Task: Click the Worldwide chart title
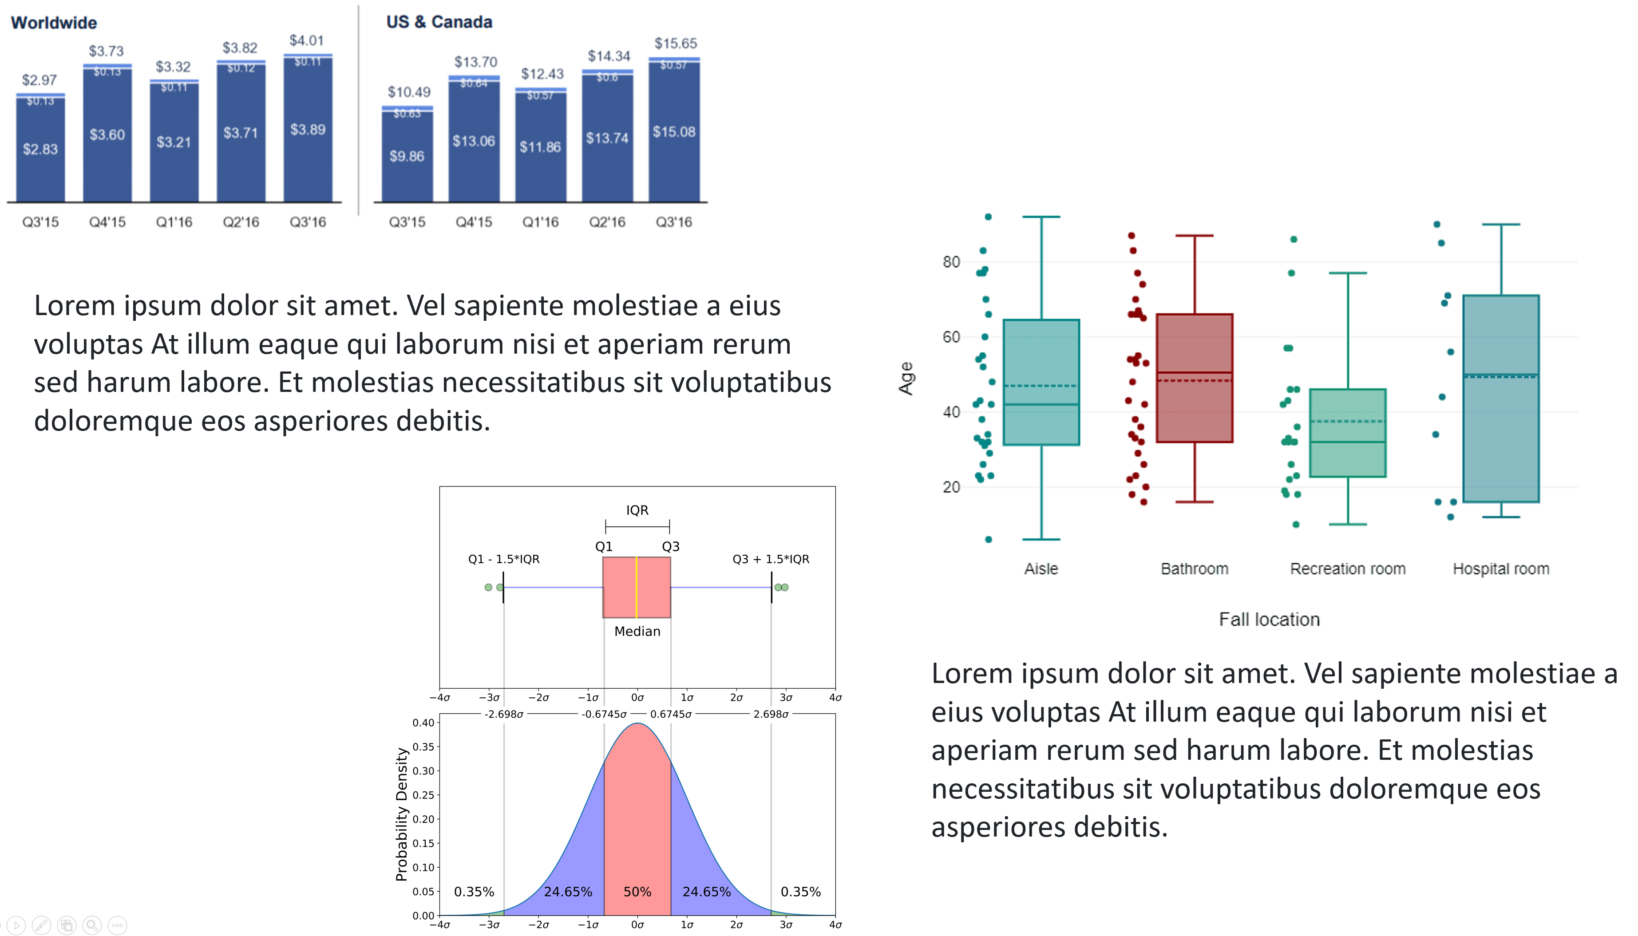pyautogui.click(x=54, y=23)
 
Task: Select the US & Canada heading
pyautogui.click(x=439, y=22)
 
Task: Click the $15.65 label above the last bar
pyautogui.click(x=675, y=43)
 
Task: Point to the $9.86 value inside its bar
pyautogui.click(x=407, y=156)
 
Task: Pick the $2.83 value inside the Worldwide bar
pyautogui.click(x=40, y=149)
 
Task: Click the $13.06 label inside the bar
pyautogui.click(x=474, y=141)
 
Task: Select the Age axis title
pyautogui.click(x=906, y=378)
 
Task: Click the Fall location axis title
pyautogui.click(x=1269, y=619)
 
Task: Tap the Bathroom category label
pyautogui.click(x=1194, y=569)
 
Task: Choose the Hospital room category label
pyautogui.click(x=1500, y=569)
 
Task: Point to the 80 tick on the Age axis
pyautogui.click(x=951, y=262)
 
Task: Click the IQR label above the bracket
pyautogui.click(x=637, y=510)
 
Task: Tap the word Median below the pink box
pyautogui.click(x=637, y=631)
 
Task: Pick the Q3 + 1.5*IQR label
pyautogui.click(x=770, y=559)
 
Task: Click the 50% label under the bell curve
pyautogui.click(x=637, y=892)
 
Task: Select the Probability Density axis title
pyautogui.click(x=402, y=814)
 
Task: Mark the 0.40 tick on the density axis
pyautogui.click(x=423, y=723)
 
